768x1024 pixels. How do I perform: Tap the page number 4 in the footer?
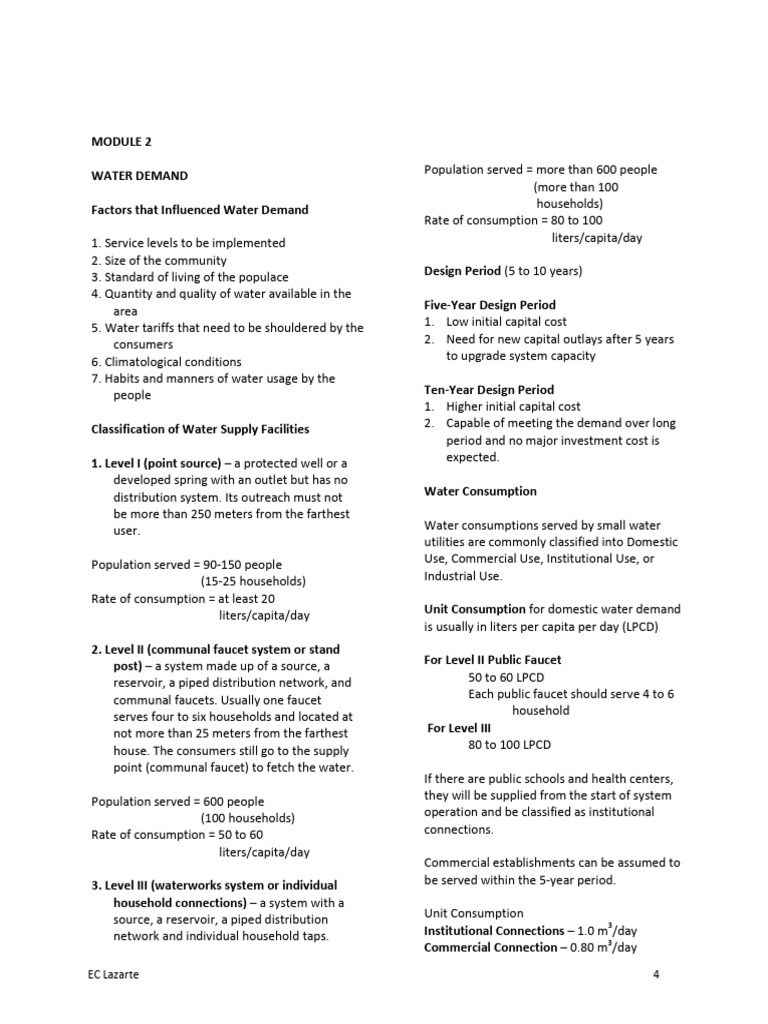point(656,975)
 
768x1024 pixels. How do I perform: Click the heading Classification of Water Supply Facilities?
point(200,429)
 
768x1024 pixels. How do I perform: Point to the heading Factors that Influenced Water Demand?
point(199,210)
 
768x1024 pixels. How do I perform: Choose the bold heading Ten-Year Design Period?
point(488,390)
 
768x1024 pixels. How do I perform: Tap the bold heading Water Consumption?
point(480,492)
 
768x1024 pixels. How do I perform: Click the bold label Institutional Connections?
point(494,931)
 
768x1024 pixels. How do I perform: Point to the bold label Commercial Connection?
point(490,948)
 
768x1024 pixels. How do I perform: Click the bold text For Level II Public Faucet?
point(493,660)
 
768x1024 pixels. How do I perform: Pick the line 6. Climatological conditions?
point(166,362)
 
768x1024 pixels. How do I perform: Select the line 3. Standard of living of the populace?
point(189,277)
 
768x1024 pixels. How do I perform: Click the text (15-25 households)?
point(253,582)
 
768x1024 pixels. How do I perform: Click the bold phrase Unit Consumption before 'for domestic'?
point(475,609)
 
